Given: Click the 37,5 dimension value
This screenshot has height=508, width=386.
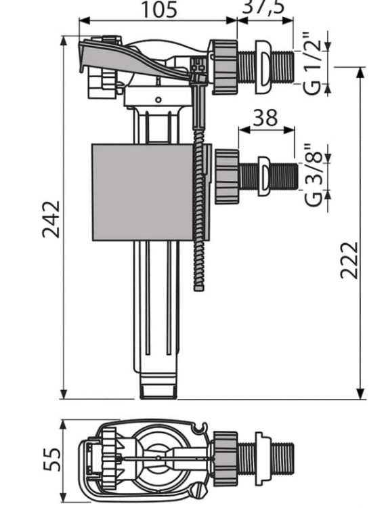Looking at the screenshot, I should point(265,6).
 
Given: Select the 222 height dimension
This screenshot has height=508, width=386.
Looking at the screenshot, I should point(349,259).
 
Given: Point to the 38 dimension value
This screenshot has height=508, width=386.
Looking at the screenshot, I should point(267,118).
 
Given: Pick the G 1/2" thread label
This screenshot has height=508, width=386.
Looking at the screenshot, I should point(313,64).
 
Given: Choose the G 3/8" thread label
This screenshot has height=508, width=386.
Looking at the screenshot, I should point(314,175).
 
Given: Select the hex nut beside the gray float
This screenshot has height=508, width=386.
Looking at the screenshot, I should point(227,176).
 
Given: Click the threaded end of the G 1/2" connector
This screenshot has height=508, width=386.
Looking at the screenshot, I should point(282,66).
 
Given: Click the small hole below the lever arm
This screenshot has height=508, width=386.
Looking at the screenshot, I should point(158,100).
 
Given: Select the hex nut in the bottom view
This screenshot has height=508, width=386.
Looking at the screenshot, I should point(226,457).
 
